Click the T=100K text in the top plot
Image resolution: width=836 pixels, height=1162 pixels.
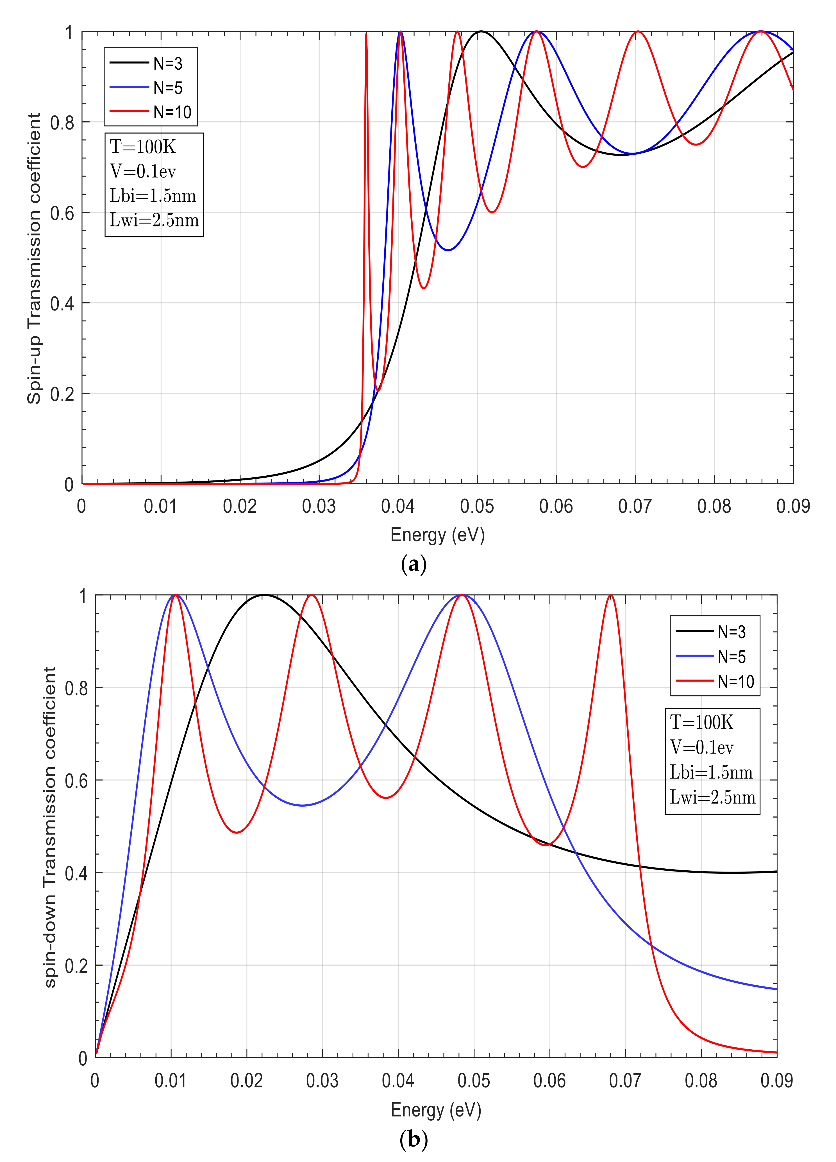(x=143, y=147)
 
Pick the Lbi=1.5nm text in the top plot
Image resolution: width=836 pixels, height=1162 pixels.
(x=153, y=196)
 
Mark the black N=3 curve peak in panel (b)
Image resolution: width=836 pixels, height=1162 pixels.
(x=264, y=595)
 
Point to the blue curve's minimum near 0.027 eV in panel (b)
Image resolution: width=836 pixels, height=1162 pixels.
(x=303, y=805)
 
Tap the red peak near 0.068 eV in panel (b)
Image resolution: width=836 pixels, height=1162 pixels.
(x=610, y=595)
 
